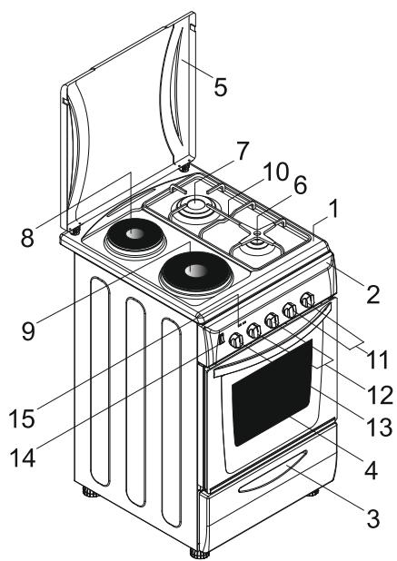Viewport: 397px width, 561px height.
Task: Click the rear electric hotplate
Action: (x=133, y=238)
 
